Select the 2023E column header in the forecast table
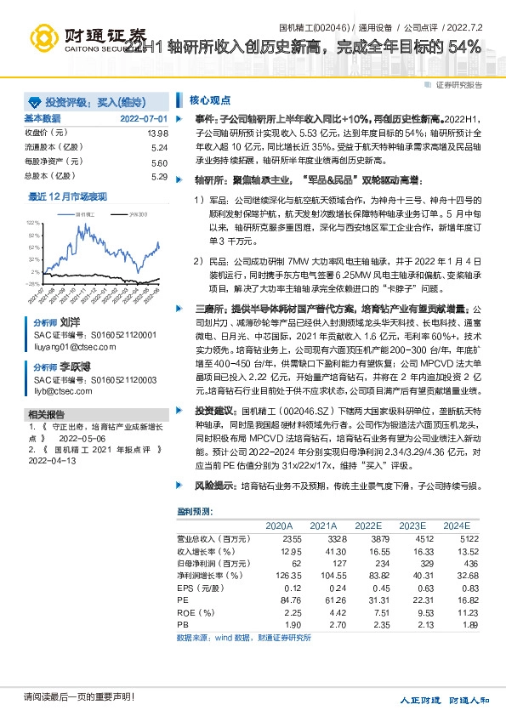[412, 525]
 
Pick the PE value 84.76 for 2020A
[291, 599]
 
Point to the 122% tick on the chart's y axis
[33, 221]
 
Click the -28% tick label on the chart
[32, 283]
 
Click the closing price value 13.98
[157, 134]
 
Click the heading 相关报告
[43, 414]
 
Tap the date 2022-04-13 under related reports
[52, 460]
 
